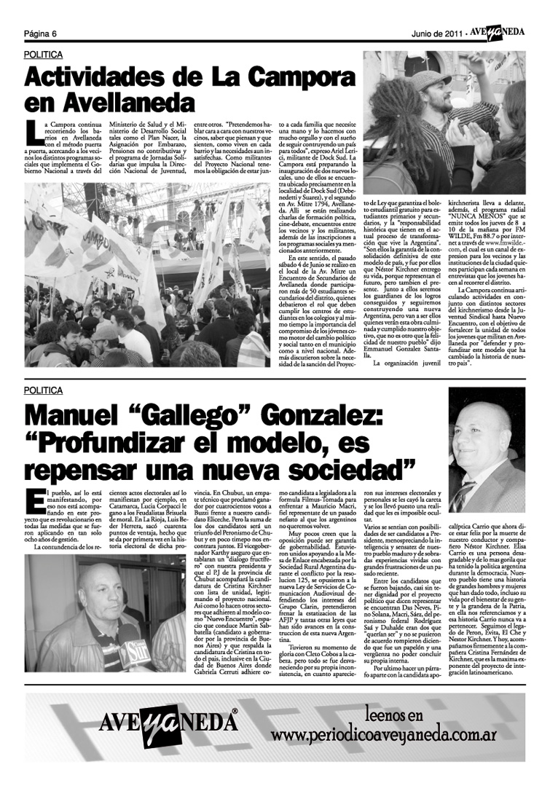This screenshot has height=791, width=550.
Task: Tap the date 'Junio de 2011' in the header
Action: click(437, 34)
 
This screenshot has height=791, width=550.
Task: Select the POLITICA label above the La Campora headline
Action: click(44, 55)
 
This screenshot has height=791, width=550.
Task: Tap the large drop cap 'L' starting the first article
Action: click(31, 132)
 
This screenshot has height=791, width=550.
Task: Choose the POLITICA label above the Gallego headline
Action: click(44, 390)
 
